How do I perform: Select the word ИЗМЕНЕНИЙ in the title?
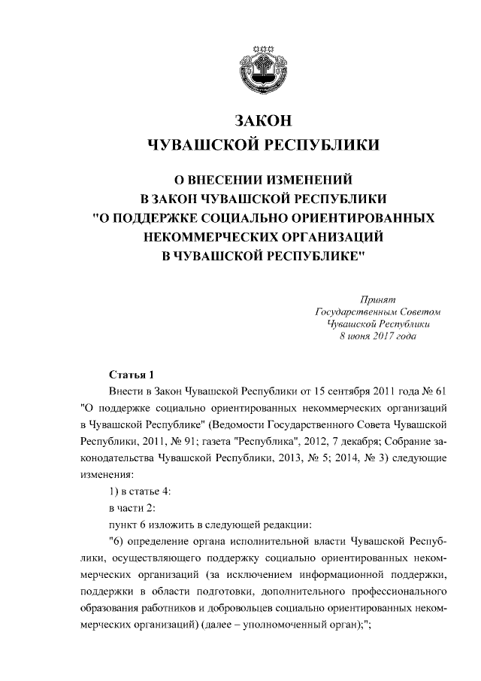307,181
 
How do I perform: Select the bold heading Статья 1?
131,375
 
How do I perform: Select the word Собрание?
403,442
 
